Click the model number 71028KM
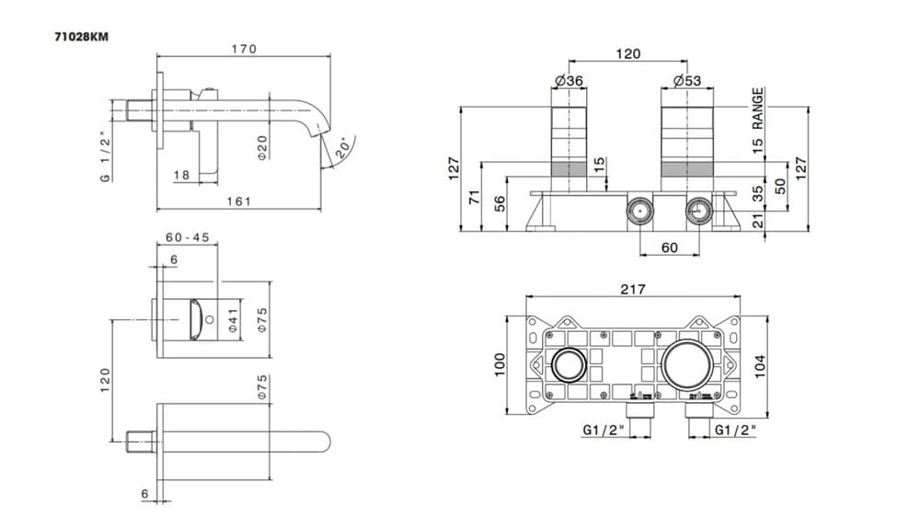[x=82, y=37]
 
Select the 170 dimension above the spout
[x=244, y=49]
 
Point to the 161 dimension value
[x=239, y=201]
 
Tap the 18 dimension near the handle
[x=182, y=175]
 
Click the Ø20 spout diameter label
[x=262, y=147]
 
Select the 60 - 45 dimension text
[x=188, y=237]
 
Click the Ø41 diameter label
[x=233, y=320]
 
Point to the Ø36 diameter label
[x=569, y=80]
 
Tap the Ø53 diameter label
[x=687, y=80]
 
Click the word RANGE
[x=758, y=109]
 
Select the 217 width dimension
[x=633, y=289]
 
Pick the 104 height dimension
[x=761, y=366]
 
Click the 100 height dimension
[x=500, y=364]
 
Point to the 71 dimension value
[x=476, y=197]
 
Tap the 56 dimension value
[x=500, y=203]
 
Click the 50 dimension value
[x=780, y=186]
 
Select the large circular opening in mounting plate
[x=688, y=364]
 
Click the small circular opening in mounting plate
[x=568, y=364]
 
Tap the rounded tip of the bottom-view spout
[x=327, y=442]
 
